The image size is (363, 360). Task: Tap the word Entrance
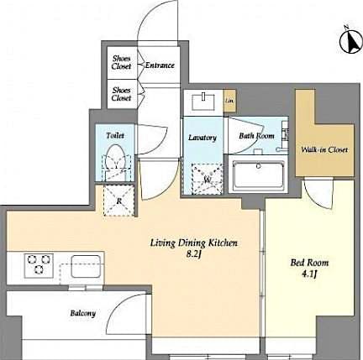[159, 65]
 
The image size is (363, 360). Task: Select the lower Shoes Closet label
[122, 93]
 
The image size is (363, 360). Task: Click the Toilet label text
[115, 134]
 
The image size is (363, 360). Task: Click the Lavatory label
[203, 138]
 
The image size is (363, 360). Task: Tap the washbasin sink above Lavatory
[203, 102]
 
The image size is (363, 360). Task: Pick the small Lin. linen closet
[229, 102]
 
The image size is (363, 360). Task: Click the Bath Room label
[256, 135]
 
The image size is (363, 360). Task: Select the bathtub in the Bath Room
[260, 175]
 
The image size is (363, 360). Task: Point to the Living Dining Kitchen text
[194, 243]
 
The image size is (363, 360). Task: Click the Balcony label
[82, 313]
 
